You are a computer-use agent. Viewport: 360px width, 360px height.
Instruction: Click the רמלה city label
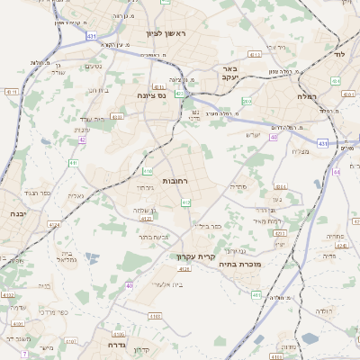click(x=307, y=95)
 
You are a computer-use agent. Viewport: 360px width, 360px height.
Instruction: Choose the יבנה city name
click(x=17, y=214)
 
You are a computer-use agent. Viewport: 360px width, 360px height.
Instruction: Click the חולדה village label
click(x=324, y=310)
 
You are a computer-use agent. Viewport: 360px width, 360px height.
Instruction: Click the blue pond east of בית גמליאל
click(x=92, y=263)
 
